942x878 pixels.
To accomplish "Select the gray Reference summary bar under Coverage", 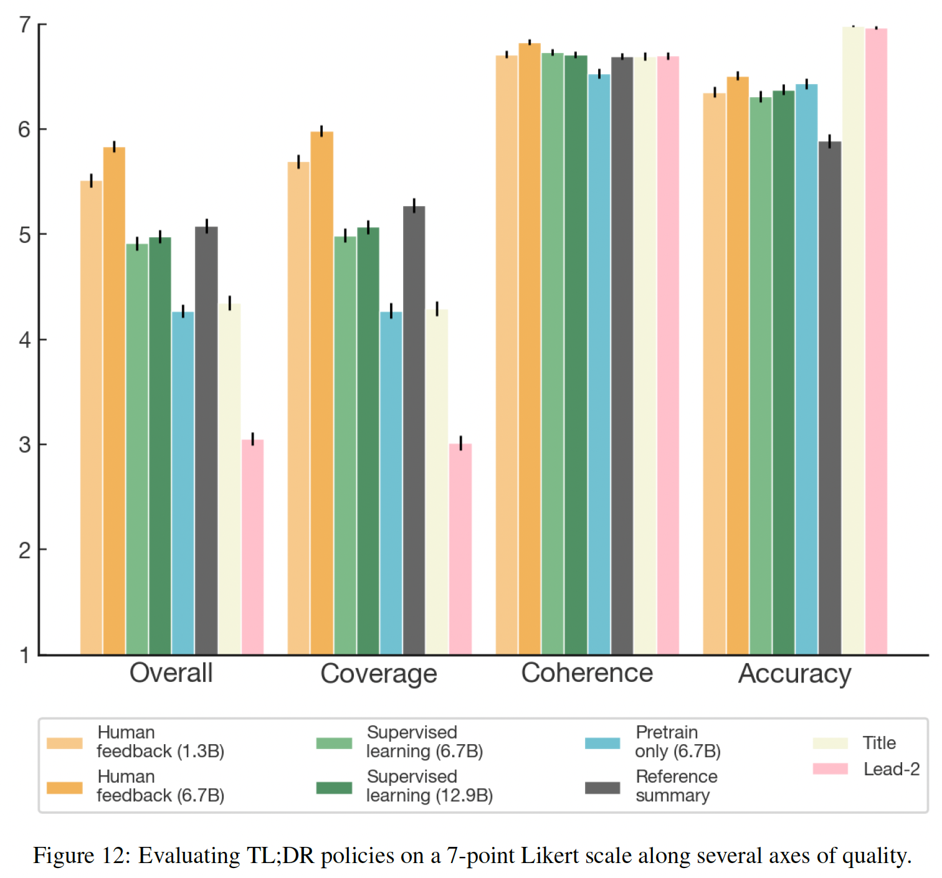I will [414, 430].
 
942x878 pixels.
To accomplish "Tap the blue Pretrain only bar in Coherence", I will [599, 364].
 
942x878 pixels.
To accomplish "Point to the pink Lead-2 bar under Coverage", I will [460, 549].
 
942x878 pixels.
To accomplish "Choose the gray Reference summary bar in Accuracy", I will [829, 398].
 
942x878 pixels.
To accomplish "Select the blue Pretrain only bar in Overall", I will [183, 483].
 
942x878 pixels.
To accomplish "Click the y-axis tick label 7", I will [25, 25].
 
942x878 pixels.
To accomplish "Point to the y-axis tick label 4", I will [25, 340].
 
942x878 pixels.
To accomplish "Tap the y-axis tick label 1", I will [25, 655].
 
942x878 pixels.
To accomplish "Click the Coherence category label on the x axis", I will [587, 673].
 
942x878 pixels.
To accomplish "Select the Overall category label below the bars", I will [171, 673].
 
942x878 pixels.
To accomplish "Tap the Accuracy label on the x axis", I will [794, 674].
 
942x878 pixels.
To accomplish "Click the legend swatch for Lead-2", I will [830, 769].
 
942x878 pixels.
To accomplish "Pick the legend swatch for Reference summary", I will [602, 788].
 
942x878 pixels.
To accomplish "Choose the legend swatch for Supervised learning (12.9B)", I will [334, 788].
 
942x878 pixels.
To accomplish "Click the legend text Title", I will [879, 743].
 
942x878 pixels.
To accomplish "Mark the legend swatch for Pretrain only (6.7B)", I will [602, 743].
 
